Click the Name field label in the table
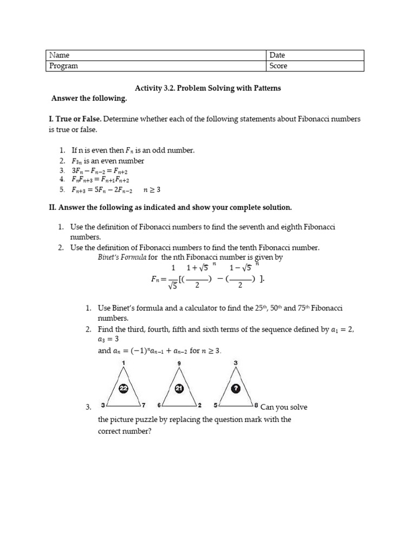[60, 55]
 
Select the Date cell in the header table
[277, 55]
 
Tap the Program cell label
[64, 66]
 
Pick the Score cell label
[278, 66]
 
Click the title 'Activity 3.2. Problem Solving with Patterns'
[207, 88]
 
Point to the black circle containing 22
[123, 388]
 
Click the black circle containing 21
[179, 388]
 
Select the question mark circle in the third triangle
[236, 388]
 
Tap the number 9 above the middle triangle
[179, 363]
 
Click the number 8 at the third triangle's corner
[256, 405]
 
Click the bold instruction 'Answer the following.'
[89, 98]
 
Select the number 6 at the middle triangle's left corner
[159, 405]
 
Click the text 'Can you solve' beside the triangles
[284, 407]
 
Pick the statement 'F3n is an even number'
[108, 161]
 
